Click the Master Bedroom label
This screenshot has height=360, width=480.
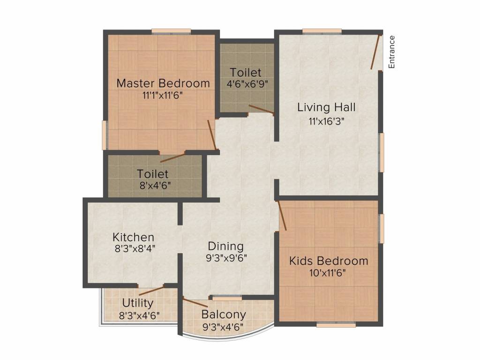pyautogui.click(x=163, y=83)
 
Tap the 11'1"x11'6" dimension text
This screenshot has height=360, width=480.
pyautogui.click(x=163, y=96)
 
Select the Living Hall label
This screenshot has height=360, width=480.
pyautogui.click(x=326, y=107)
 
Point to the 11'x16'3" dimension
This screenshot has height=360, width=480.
pyautogui.click(x=327, y=121)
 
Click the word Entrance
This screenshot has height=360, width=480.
pyautogui.click(x=391, y=52)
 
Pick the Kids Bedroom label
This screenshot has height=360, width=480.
pyautogui.click(x=329, y=261)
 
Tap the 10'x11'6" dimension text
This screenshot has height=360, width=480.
pyautogui.click(x=328, y=273)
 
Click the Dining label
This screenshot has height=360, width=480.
pyautogui.click(x=226, y=247)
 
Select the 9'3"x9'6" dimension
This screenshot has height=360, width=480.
pyautogui.click(x=226, y=258)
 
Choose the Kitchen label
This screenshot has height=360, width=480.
pyautogui.click(x=133, y=237)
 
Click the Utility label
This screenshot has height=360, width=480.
pyautogui.click(x=138, y=303)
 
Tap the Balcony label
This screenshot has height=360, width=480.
pyautogui.click(x=224, y=315)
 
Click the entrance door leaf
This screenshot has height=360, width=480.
pyautogui.click(x=375, y=52)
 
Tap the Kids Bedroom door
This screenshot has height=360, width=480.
pyautogui.click(x=281, y=215)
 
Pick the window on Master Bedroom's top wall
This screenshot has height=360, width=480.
pyautogui.click(x=171, y=31)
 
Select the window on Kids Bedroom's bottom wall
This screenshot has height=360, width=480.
pyautogui.click(x=336, y=325)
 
